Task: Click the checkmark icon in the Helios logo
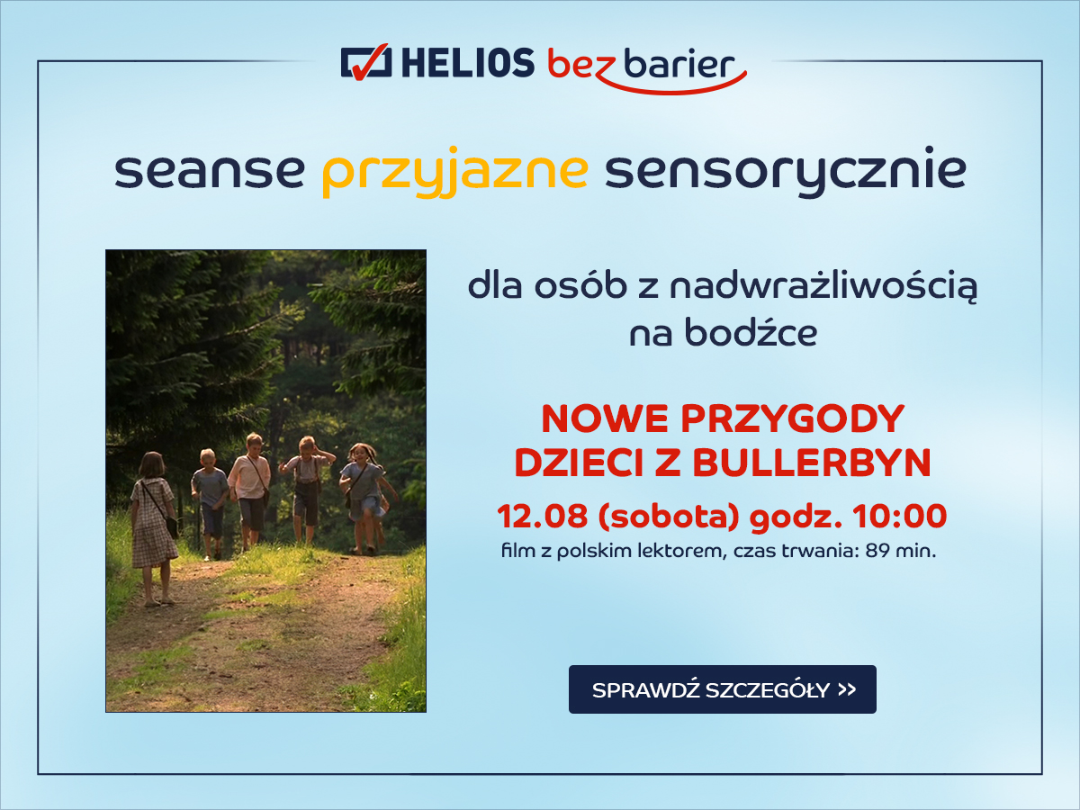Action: tap(366, 63)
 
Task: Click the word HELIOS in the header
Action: tap(467, 64)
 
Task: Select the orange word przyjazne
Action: tap(455, 172)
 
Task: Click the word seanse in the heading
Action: tap(210, 171)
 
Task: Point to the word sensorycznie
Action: tap(785, 172)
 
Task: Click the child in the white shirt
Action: tap(250, 486)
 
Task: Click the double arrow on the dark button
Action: tap(846, 689)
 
